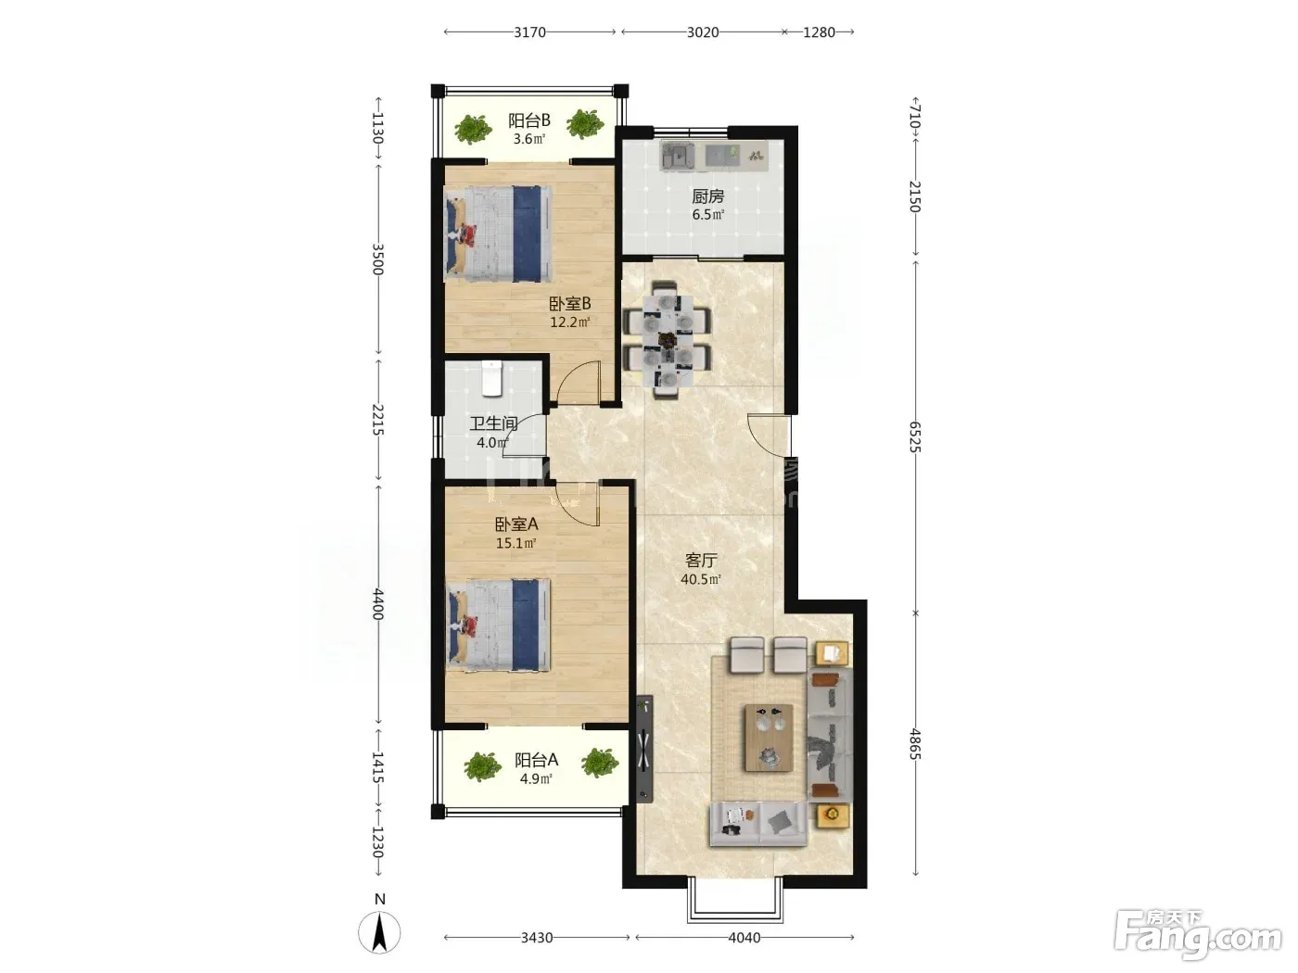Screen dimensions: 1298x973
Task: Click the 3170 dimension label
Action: click(529, 32)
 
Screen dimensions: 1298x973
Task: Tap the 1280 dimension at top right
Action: click(819, 32)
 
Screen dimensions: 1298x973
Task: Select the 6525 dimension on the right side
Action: click(915, 436)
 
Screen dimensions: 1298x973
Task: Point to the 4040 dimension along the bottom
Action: click(744, 938)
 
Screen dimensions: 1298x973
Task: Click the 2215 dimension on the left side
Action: click(378, 420)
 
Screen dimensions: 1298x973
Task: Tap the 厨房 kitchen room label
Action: click(707, 196)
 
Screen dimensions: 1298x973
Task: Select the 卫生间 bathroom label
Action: click(494, 423)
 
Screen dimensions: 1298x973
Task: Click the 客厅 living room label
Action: click(701, 560)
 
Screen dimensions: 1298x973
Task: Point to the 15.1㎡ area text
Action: click(516, 543)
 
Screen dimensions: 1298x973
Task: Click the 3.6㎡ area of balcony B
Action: click(528, 139)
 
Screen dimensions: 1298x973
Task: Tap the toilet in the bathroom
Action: click(492, 378)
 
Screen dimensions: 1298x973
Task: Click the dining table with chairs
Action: click(668, 340)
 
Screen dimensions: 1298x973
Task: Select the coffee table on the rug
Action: click(769, 738)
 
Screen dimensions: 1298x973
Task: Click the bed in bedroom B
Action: click(498, 234)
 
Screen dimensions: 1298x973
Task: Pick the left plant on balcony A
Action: click(482, 767)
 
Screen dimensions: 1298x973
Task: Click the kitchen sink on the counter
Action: click(678, 156)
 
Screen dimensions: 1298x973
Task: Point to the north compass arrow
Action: click(379, 932)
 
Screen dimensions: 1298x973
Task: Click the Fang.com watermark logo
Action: click(1197, 934)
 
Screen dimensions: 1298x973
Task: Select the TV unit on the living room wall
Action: click(644, 749)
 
